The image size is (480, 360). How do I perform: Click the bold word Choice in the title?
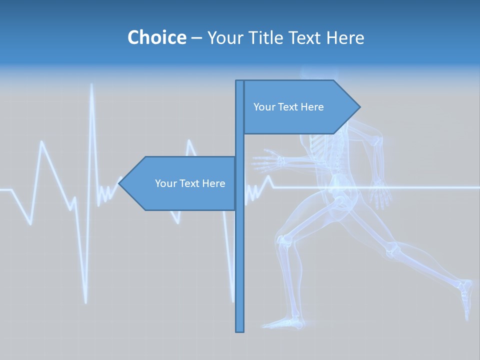(156, 37)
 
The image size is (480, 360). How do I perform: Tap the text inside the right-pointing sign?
(288, 107)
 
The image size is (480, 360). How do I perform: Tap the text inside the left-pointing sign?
(190, 183)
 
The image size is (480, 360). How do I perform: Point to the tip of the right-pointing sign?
(359, 107)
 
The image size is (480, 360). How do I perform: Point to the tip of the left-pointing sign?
(119, 183)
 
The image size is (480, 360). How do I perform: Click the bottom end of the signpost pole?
(240, 330)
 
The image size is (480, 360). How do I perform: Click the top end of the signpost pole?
(240, 81)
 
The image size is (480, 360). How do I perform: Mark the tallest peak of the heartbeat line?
(91, 85)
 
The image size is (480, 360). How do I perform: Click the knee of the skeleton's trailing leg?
(395, 248)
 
